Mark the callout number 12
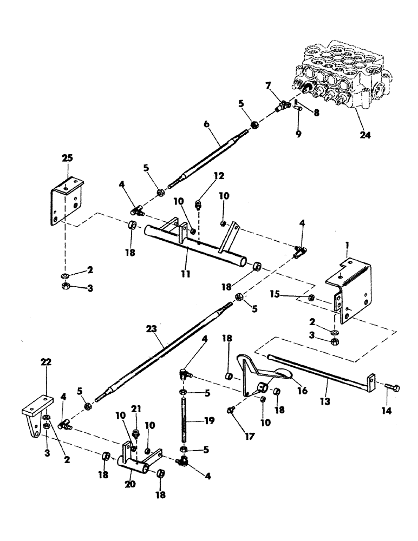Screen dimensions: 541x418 tap(204, 176)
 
